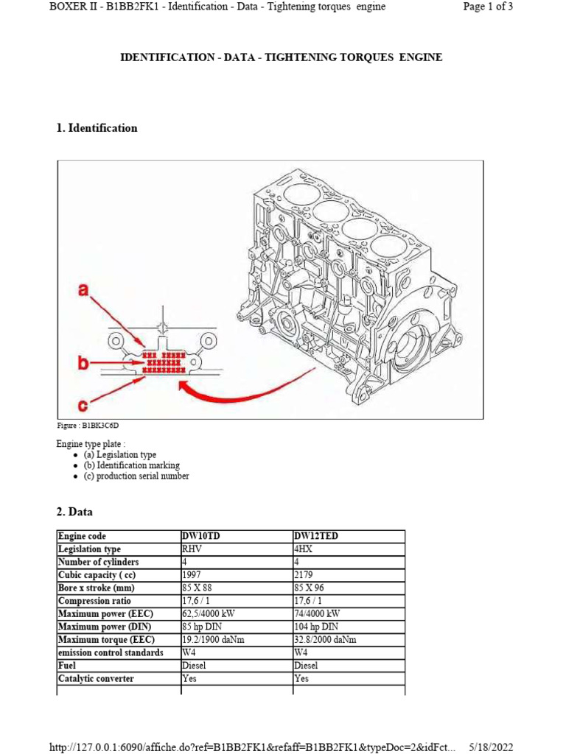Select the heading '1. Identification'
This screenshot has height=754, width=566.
(97, 128)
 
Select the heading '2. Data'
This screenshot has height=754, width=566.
(74, 511)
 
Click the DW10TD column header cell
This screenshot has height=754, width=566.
(201, 536)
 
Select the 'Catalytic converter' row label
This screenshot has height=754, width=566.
(96, 678)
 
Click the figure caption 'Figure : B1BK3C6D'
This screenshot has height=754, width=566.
(88, 426)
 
